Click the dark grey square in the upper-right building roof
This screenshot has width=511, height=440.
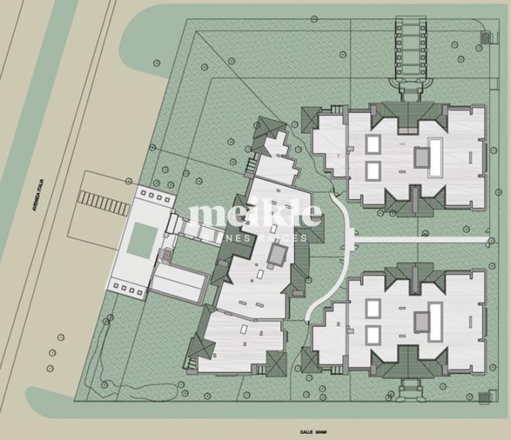click(423, 157)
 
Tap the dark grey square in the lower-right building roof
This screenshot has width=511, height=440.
click(423, 318)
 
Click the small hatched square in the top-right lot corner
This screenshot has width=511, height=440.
click(485, 35)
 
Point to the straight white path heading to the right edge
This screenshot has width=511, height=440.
click(426, 239)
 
